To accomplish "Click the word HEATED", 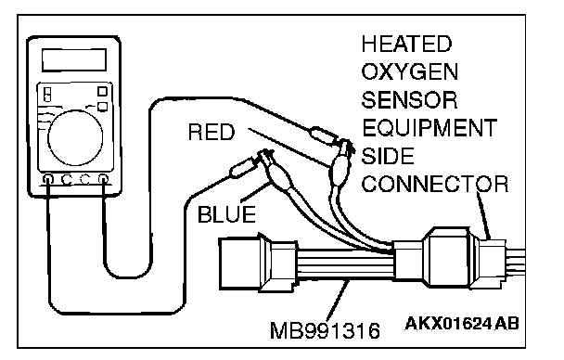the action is pyautogui.click(x=406, y=44).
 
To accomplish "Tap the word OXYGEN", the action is pyautogui.click(x=410, y=72).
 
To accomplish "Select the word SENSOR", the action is pyautogui.click(x=409, y=100).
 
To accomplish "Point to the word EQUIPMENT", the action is pyautogui.click(x=429, y=128).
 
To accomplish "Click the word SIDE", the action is pyautogui.click(x=388, y=156).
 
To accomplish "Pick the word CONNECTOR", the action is pyautogui.click(x=435, y=184).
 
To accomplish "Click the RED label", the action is pyautogui.click(x=211, y=132).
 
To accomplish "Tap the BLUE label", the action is pyautogui.click(x=226, y=214).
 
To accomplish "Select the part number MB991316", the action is pyautogui.click(x=325, y=330).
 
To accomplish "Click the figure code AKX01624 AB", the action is pyautogui.click(x=462, y=324).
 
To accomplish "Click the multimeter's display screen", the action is pyautogui.click(x=74, y=60).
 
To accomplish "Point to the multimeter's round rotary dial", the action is pyautogui.click(x=75, y=137).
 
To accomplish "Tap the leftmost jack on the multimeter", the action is pyautogui.click(x=48, y=179).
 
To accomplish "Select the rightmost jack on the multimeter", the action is pyautogui.click(x=103, y=179).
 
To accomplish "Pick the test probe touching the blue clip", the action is pyautogui.click(x=244, y=166).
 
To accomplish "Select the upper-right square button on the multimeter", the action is pyautogui.click(x=103, y=91).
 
